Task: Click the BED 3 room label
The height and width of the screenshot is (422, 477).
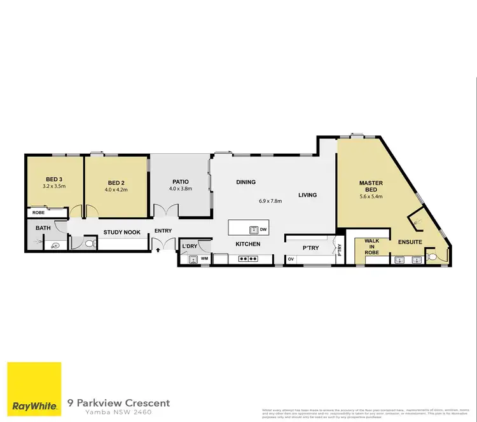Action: click(53, 180)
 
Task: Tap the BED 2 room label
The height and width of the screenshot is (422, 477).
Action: click(118, 181)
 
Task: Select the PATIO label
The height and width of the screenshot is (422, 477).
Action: click(180, 181)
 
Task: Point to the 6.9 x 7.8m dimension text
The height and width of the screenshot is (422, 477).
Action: click(270, 201)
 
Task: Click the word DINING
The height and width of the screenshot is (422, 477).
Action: click(245, 182)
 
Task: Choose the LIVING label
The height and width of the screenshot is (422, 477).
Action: click(307, 195)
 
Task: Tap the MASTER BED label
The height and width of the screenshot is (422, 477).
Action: click(370, 186)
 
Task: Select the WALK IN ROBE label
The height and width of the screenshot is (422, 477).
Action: click(371, 247)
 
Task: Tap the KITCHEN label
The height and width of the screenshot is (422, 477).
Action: click(248, 244)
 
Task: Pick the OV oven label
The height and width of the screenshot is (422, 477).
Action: click(291, 259)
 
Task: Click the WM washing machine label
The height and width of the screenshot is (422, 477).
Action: click(204, 259)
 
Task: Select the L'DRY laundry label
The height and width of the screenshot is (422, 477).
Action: click(190, 246)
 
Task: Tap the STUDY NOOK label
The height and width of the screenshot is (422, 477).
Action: click(121, 233)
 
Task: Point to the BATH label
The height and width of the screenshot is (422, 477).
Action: click(43, 228)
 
